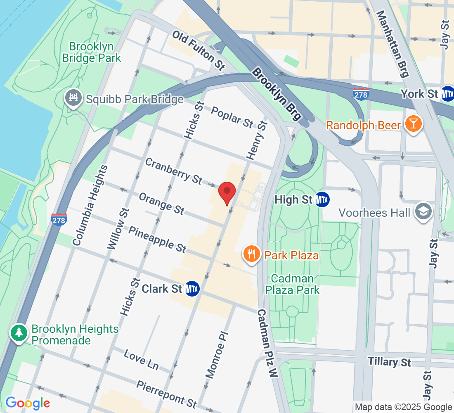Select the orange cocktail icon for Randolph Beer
pyautogui.click(x=412, y=124)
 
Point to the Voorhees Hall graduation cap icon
pyautogui.click(x=423, y=212)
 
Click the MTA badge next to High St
pyautogui.click(x=322, y=200)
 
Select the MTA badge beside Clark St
pyautogui.click(x=192, y=289)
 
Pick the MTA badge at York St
pyautogui.click(x=447, y=94)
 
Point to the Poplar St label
pyautogui.click(x=232, y=117)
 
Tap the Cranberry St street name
pyautogui.click(x=174, y=171)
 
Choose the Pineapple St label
pyautogui.click(x=157, y=239)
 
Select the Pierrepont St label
pyautogui.click(x=166, y=392)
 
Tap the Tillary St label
pyautogui.click(x=389, y=362)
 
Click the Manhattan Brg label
pyautogui.click(x=393, y=43)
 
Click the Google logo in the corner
pyautogui.click(x=28, y=403)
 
